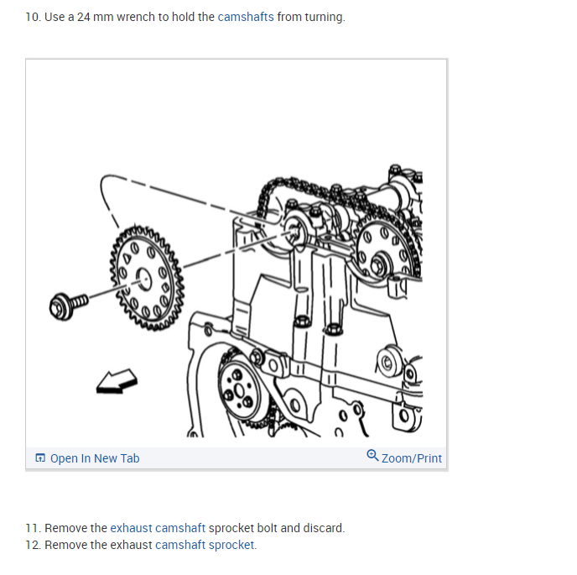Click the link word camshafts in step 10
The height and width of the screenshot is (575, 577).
tap(246, 17)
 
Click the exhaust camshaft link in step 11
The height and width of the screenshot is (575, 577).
tap(158, 528)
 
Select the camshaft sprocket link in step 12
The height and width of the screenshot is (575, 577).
tap(205, 545)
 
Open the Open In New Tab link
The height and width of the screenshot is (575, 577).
tap(95, 458)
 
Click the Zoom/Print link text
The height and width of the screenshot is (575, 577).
tap(412, 458)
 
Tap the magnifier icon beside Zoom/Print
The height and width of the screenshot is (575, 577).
tap(372, 455)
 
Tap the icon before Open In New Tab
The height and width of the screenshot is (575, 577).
tap(40, 457)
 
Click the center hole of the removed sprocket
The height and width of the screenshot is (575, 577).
tap(143, 280)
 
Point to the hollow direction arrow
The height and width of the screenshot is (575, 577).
tap(117, 382)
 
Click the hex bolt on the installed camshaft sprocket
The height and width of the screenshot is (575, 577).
tap(378, 264)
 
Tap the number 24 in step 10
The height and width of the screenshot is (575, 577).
tap(84, 17)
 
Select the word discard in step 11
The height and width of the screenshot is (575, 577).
tap(322, 528)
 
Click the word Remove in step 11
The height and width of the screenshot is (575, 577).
tap(65, 528)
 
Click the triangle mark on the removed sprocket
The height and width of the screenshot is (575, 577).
tap(127, 259)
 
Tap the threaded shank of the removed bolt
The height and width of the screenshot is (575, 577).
tap(78, 301)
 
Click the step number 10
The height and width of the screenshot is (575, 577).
tap(32, 17)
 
